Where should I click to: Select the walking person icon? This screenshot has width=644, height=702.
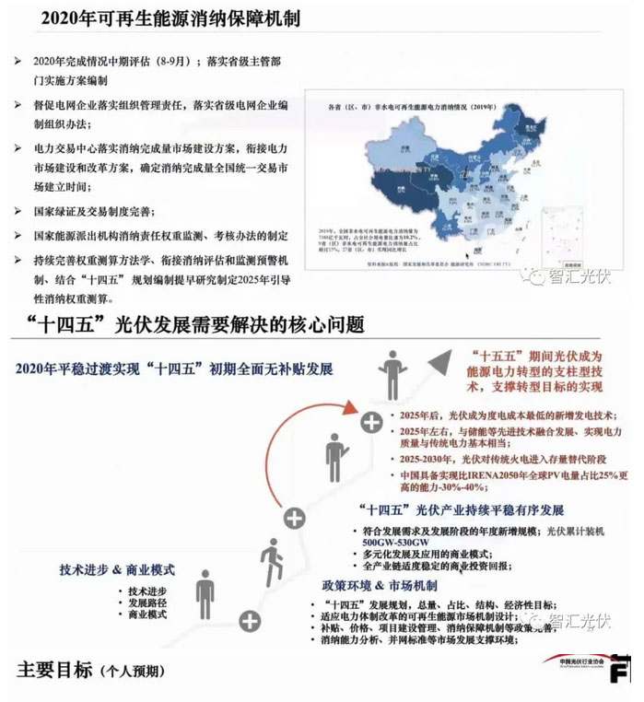pyautogui.click(x=270, y=559)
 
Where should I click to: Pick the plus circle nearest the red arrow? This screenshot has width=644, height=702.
pyautogui.click(x=371, y=423)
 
